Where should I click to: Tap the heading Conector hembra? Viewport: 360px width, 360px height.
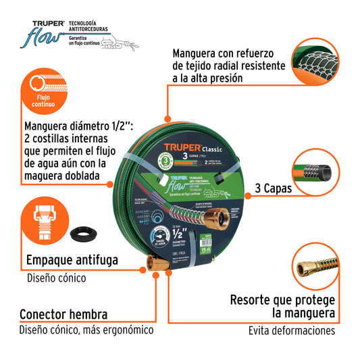click(63, 314)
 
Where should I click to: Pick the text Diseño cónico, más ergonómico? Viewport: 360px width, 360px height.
click(86, 330)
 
